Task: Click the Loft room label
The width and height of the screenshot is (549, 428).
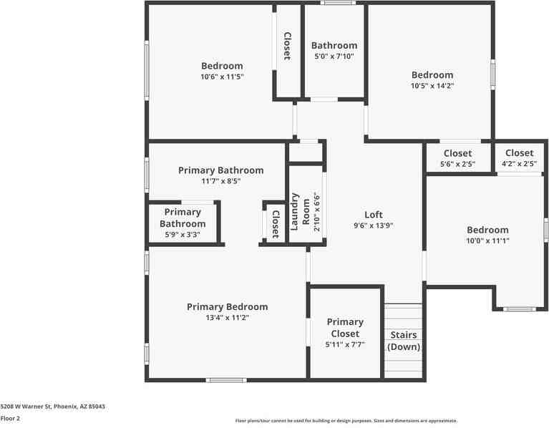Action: click(373, 215)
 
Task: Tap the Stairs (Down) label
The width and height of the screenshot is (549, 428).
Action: click(404, 341)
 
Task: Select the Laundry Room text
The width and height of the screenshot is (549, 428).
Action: click(300, 212)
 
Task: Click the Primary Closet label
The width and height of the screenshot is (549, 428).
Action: click(345, 328)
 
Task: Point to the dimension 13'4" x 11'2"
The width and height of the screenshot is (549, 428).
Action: click(227, 318)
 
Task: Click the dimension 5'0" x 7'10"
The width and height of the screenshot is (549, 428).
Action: click(334, 56)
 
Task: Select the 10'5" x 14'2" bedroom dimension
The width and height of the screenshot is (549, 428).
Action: click(432, 85)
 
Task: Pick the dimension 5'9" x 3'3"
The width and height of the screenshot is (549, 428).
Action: click(183, 235)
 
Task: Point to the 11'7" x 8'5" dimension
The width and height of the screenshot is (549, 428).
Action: click(220, 181)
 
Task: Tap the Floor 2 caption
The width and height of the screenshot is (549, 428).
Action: click(10, 418)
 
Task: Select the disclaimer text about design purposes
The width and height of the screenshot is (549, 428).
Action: click(346, 421)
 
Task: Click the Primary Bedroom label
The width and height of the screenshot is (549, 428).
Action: click(227, 307)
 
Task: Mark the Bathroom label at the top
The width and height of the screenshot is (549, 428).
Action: click(334, 46)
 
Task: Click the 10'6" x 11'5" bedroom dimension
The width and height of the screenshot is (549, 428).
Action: click(222, 76)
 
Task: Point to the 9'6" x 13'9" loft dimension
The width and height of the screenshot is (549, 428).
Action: click(373, 225)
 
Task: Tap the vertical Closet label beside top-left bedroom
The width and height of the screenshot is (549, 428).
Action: click(287, 47)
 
